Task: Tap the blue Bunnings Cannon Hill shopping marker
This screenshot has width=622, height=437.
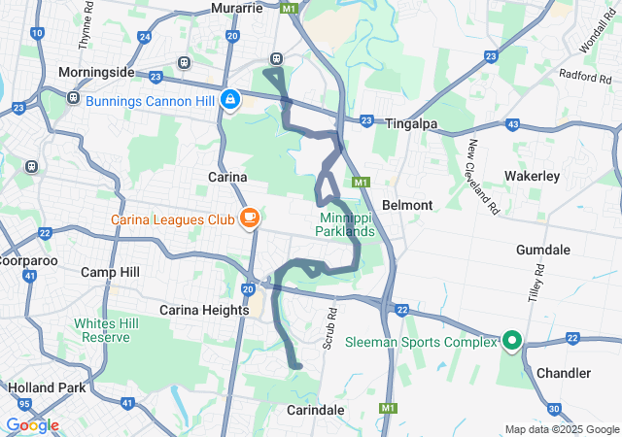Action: click(x=231, y=99)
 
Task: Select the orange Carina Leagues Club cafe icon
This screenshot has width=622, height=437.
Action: click(x=250, y=218)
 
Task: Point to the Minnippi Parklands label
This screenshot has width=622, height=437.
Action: click(x=344, y=224)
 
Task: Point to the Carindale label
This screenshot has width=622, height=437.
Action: click(x=316, y=410)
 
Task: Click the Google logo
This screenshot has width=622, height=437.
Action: click(x=32, y=425)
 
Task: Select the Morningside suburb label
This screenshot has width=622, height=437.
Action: click(x=96, y=73)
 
